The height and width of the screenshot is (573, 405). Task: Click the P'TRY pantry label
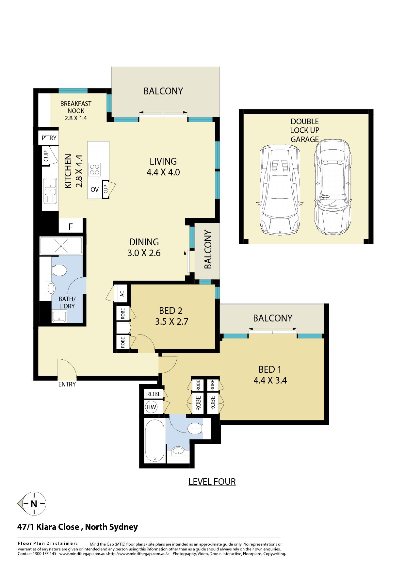coord(49,138)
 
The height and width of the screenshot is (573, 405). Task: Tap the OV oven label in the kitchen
coord(94,189)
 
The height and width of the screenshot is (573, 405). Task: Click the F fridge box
coord(70,227)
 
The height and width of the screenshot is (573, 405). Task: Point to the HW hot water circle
coord(151,407)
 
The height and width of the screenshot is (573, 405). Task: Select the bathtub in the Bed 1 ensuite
coord(155,441)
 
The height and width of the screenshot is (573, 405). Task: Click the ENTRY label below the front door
coord(67,384)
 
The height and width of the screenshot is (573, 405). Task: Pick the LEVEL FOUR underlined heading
coord(212,482)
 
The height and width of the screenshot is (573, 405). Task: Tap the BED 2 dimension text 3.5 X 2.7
coord(171,321)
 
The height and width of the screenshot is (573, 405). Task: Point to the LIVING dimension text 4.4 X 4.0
coord(163,172)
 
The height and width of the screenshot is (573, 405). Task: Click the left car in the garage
coord(280,189)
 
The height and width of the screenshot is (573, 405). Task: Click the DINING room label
coord(144,242)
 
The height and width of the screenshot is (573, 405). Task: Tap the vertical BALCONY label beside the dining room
coord(208,250)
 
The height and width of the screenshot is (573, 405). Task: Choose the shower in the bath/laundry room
coord(61,246)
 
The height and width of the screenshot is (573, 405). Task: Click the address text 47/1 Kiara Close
coord(48,527)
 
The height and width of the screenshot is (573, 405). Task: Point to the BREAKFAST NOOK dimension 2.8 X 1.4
coord(76,118)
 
